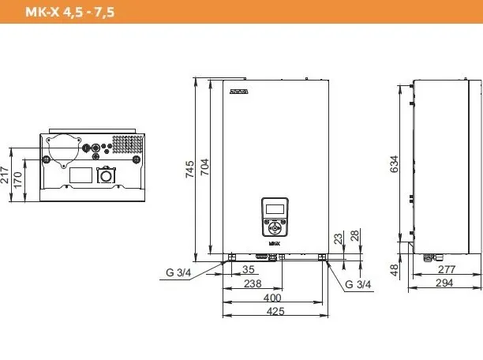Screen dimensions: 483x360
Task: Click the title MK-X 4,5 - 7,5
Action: click(x=70, y=12)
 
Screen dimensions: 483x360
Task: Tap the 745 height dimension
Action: click(x=189, y=169)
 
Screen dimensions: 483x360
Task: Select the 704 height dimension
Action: click(x=204, y=167)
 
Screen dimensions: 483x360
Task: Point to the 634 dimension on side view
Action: click(x=394, y=164)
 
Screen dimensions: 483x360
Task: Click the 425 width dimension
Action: click(x=275, y=311)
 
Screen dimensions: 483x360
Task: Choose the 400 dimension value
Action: click(x=272, y=298)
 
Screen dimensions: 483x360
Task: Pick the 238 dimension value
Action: click(x=253, y=283)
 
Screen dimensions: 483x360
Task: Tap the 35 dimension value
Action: click(x=249, y=269)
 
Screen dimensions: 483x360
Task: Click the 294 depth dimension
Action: click(x=444, y=283)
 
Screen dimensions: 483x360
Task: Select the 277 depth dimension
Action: click(x=447, y=269)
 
